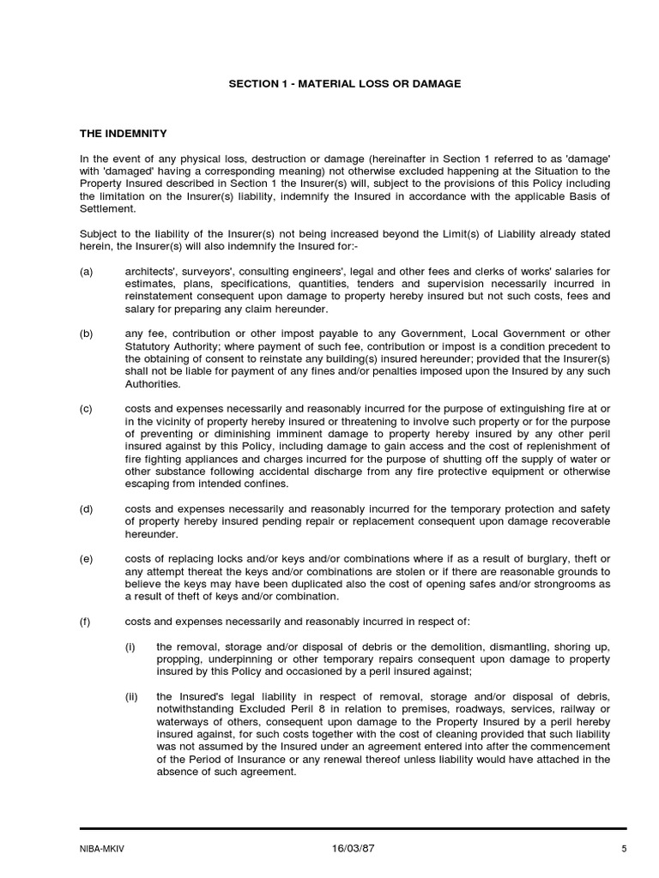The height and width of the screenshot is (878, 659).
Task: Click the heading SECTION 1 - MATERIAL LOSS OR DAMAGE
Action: (344, 83)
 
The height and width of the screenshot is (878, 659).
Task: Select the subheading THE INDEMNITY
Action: (123, 134)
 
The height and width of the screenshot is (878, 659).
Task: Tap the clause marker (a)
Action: (86, 271)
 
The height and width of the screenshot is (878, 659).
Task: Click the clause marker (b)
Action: (86, 334)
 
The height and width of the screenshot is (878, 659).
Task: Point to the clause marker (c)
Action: (86, 409)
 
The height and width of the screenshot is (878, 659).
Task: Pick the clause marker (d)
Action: (86, 508)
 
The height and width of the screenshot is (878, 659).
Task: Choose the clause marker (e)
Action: (86, 559)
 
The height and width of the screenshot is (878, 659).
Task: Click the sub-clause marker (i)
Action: (130, 646)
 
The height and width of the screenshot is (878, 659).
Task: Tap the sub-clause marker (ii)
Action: (131, 695)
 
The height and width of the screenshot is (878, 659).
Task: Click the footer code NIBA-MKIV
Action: (102, 850)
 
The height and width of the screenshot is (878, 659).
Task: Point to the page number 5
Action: (624, 850)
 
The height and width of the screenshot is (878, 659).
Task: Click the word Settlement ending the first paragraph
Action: (107, 208)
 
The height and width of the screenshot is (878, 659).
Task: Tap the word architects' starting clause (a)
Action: (150, 271)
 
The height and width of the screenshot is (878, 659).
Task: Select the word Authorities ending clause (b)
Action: (153, 384)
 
